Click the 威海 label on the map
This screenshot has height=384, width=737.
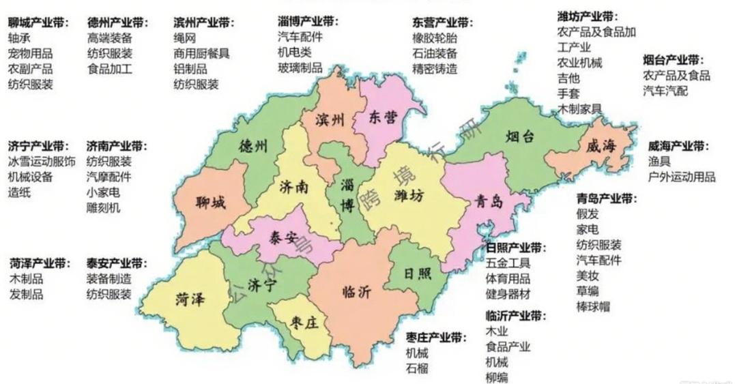pos(601,145)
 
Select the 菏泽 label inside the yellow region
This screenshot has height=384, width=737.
pos(191,298)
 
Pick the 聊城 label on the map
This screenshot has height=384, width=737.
pos(209,203)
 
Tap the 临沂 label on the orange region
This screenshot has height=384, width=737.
pos(356,292)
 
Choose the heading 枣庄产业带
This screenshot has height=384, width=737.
pos(437,338)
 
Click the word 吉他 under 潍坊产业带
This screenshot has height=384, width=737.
pos(568,78)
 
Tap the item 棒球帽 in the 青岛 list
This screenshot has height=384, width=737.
pos(593,307)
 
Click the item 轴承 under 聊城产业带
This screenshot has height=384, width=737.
pos(19,38)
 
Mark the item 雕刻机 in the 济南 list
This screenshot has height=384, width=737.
pos(103,207)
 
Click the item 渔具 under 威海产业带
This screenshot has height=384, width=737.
pos(659,162)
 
